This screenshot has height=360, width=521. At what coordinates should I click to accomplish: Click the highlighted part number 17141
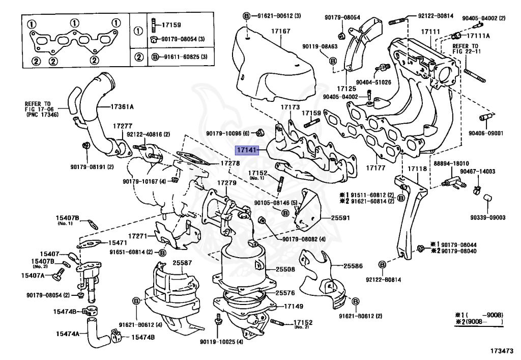[246, 151]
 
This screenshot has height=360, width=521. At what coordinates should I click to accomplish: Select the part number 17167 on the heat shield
[280, 32]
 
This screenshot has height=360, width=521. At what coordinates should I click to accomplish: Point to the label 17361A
[123, 107]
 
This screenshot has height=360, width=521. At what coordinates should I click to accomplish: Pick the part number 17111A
[479, 36]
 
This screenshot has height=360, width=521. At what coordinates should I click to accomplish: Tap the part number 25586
[353, 266]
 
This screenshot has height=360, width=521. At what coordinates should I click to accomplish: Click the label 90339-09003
[487, 217]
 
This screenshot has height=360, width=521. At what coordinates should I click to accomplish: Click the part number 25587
[182, 262]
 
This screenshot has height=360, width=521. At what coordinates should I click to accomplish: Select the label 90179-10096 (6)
[227, 134]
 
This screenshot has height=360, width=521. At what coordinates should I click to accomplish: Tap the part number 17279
[227, 183]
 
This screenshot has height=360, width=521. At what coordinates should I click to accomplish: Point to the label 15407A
[33, 275]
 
